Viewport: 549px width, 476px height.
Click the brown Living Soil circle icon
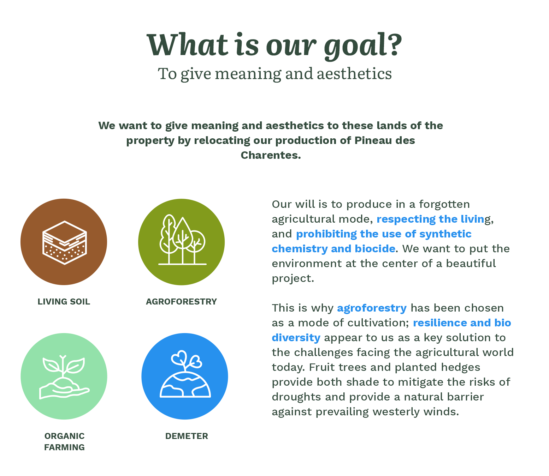64,241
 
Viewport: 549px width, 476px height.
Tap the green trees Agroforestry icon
181,241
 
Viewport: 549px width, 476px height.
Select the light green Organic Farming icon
64,376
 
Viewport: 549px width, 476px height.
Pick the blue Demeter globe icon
185,376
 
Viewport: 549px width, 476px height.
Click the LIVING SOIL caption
64,302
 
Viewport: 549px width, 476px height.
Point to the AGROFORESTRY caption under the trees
181,302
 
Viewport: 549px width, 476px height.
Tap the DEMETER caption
187,436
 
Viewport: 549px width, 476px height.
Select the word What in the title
187,44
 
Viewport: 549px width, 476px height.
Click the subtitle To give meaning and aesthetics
274,74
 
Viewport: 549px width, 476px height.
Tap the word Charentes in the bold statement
271,155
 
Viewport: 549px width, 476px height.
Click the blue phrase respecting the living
433,219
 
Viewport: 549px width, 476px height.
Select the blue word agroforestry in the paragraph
372,308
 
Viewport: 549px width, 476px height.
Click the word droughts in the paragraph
296,397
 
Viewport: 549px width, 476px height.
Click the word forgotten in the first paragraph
444,205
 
